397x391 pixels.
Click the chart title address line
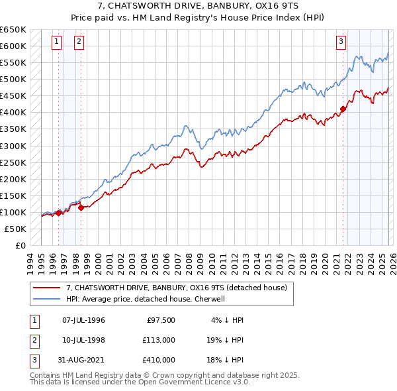(198, 7)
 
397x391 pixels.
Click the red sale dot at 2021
(343, 109)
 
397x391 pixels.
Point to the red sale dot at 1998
(81, 207)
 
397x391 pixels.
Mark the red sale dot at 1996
(58, 213)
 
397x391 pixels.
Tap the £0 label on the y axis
(20, 245)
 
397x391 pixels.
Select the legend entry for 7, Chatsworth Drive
(176, 288)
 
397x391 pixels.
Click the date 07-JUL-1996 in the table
(83, 320)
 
